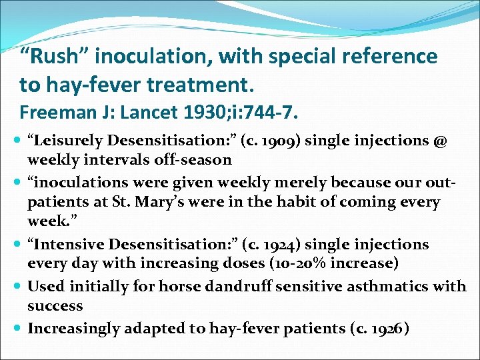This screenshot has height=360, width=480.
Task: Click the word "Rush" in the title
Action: [x=56, y=57]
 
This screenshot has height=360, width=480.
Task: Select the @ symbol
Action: [x=440, y=141]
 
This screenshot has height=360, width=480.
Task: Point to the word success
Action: [x=55, y=306]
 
